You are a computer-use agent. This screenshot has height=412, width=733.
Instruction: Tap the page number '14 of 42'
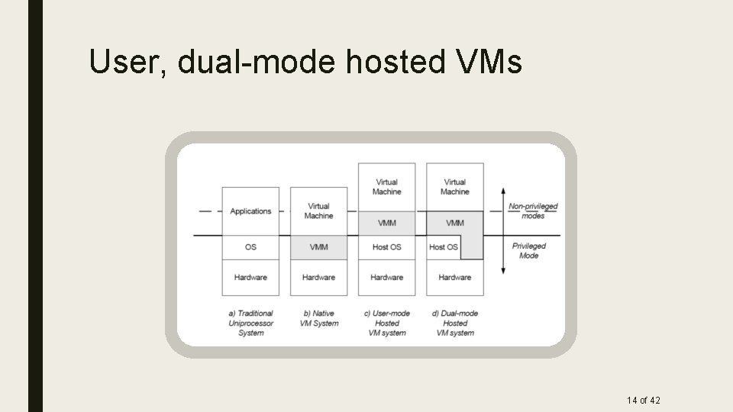click(x=643, y=400)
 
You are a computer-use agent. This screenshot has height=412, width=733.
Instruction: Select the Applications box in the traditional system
click(x=250, y=211)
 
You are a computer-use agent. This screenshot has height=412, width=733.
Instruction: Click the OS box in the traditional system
click(x=250, y=247)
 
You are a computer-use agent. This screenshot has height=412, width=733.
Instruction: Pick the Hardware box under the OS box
click(x=250, y=278)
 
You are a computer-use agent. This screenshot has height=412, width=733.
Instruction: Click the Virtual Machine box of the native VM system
click(x=318, y=211)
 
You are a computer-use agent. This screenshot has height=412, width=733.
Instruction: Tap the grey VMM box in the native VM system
click(x=318, y=247)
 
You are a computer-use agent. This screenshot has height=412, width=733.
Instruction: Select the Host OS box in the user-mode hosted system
click(x=386, y=247)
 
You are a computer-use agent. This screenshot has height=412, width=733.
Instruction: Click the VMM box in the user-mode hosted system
click(x=386, y=223)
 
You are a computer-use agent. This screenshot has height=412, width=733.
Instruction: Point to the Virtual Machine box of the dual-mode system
click(x=454, y=187)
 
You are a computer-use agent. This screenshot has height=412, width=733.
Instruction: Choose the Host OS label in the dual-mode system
click(x=444, y=247)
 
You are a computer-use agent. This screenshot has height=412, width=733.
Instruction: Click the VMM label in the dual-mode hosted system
click(x=454, y=223)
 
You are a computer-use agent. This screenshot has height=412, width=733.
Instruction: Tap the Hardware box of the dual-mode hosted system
click(x=454, y=278)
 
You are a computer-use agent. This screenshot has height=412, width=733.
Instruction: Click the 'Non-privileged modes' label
click(x=533, y=211)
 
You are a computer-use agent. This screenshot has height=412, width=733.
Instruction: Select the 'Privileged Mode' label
click(x=529, y=250)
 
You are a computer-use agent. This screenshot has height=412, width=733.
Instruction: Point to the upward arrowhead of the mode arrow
click(x=502, y=189)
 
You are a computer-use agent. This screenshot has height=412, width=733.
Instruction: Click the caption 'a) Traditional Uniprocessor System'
click(x=250, y=323)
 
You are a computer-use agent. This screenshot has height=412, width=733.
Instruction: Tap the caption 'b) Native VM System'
click(x=318, y=318)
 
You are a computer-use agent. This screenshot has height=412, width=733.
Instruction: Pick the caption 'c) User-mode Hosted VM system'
click(x=386, y=323)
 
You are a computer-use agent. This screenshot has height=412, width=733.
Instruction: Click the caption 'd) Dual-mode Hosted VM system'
click(x=454, y=323)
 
